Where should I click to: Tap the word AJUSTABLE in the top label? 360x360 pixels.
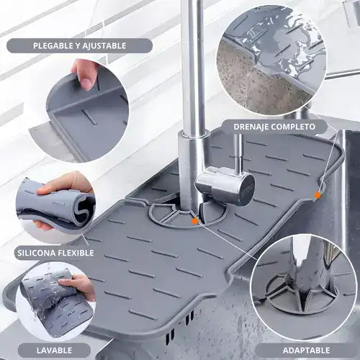(104, 45)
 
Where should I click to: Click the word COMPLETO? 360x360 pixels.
(292, 127)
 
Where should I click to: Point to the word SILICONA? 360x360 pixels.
(36, 253)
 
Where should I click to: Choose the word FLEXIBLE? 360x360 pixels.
(76, 253)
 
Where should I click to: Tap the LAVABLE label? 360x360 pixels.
(54, 351)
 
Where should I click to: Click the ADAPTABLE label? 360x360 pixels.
(306, 351)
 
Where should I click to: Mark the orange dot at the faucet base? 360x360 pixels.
(195, 221)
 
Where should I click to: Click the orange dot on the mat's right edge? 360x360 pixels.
(318, 195)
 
